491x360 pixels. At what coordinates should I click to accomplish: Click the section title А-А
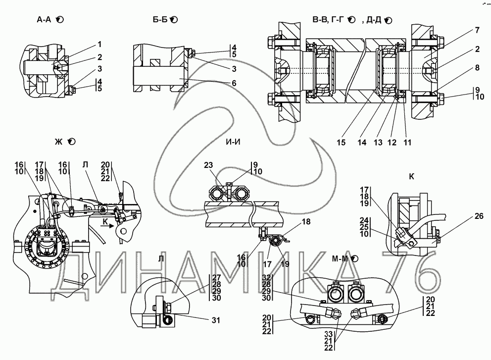tap(45, 20)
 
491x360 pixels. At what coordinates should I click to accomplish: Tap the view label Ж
tap(59, 142)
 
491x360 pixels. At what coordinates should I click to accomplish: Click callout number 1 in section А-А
tap(99, 45)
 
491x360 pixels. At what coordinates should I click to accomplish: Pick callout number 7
tap(477, 31)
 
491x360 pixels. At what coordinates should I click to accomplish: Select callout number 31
tap(215, 320)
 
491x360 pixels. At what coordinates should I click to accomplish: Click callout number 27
tap(216, 278)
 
